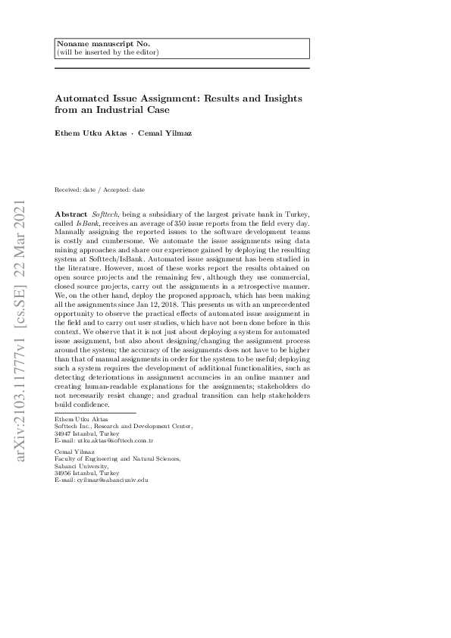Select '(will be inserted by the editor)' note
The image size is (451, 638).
click(x=108, y=52)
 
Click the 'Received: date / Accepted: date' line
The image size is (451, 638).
click(x=100, y=189)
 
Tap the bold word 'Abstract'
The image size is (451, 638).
click(x=71, y=216)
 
